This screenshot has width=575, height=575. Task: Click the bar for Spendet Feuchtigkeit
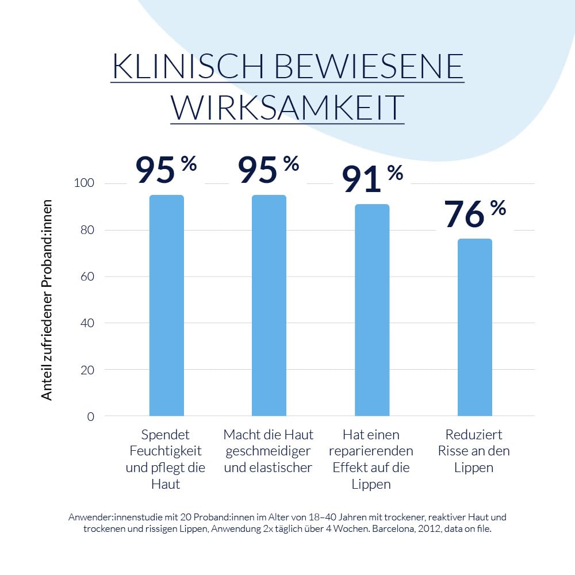point(166,305)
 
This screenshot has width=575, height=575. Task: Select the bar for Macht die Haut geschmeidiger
point(269,305)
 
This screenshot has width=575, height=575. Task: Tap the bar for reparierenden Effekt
point(371,310)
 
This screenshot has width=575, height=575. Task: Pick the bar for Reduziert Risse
point(474,327)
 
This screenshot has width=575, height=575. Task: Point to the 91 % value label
point(372,178)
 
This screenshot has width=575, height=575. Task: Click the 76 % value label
point(474,213)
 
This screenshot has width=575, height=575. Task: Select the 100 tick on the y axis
point(84,183)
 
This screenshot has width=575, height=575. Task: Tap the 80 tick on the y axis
point(87,230)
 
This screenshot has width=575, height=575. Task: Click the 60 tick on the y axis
point(87,277)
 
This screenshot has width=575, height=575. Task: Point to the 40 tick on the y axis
point(87,323)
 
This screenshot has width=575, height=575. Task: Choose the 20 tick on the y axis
point(87,370)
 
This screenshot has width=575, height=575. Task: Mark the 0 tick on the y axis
point(91,416)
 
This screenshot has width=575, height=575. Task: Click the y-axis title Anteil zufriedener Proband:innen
point(47,300)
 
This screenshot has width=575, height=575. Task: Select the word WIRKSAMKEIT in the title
point(287,107)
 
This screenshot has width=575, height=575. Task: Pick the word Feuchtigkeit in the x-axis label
point(166,451)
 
